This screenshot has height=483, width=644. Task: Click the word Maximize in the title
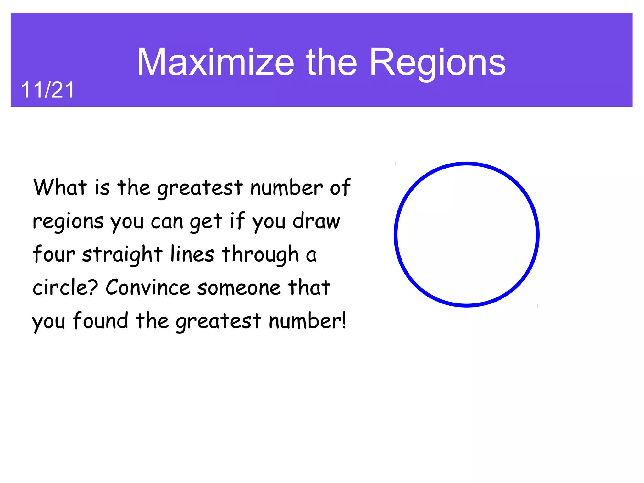pyautogui.click(x=215, y=62)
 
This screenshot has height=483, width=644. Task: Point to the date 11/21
pyautogui.click(x=47, y=90)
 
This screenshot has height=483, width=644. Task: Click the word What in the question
pyautogui.click(x=60, y=187)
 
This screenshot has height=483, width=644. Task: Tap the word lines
pyautogui.click(x=192, y=254)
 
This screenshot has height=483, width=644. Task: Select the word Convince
pyautogui.click(x=148, y=287)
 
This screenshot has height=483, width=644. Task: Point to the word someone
pyautogui.click(x=239, y=288)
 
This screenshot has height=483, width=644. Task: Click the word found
pyautogui.click(x=100, y=320)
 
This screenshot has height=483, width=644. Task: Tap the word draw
pyautogui.click(x=316, y=221)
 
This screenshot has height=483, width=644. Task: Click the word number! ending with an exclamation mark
pyautogui.click(x=307, y=320)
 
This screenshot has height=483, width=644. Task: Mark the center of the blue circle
pyautogui.click(x=467, y=235)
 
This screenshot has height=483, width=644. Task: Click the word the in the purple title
pyautogui.click(x=331, y=62)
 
